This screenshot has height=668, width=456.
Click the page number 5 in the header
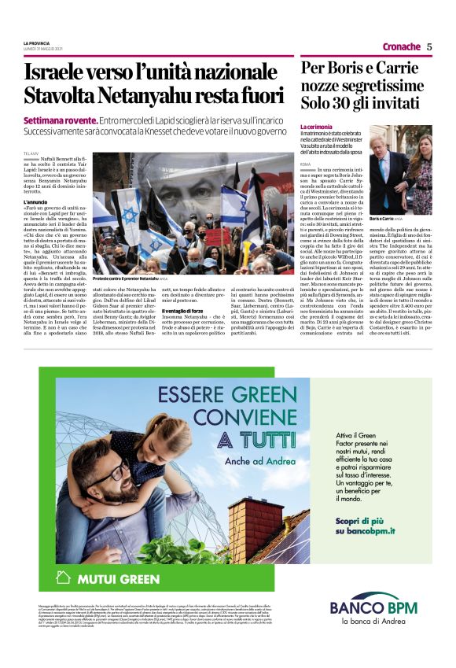pos(429,46)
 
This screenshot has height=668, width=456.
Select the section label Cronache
pos(401,46)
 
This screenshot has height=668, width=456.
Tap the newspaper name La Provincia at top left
pos(38,42)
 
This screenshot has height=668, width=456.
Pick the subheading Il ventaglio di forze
pos(182,312)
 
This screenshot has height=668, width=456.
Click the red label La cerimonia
pos(318,126)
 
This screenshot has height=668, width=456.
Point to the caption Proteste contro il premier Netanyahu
pos(128,279)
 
